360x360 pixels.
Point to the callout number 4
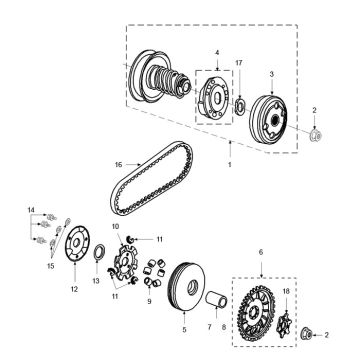[216, 51]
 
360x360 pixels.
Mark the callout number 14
[31, 209]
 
